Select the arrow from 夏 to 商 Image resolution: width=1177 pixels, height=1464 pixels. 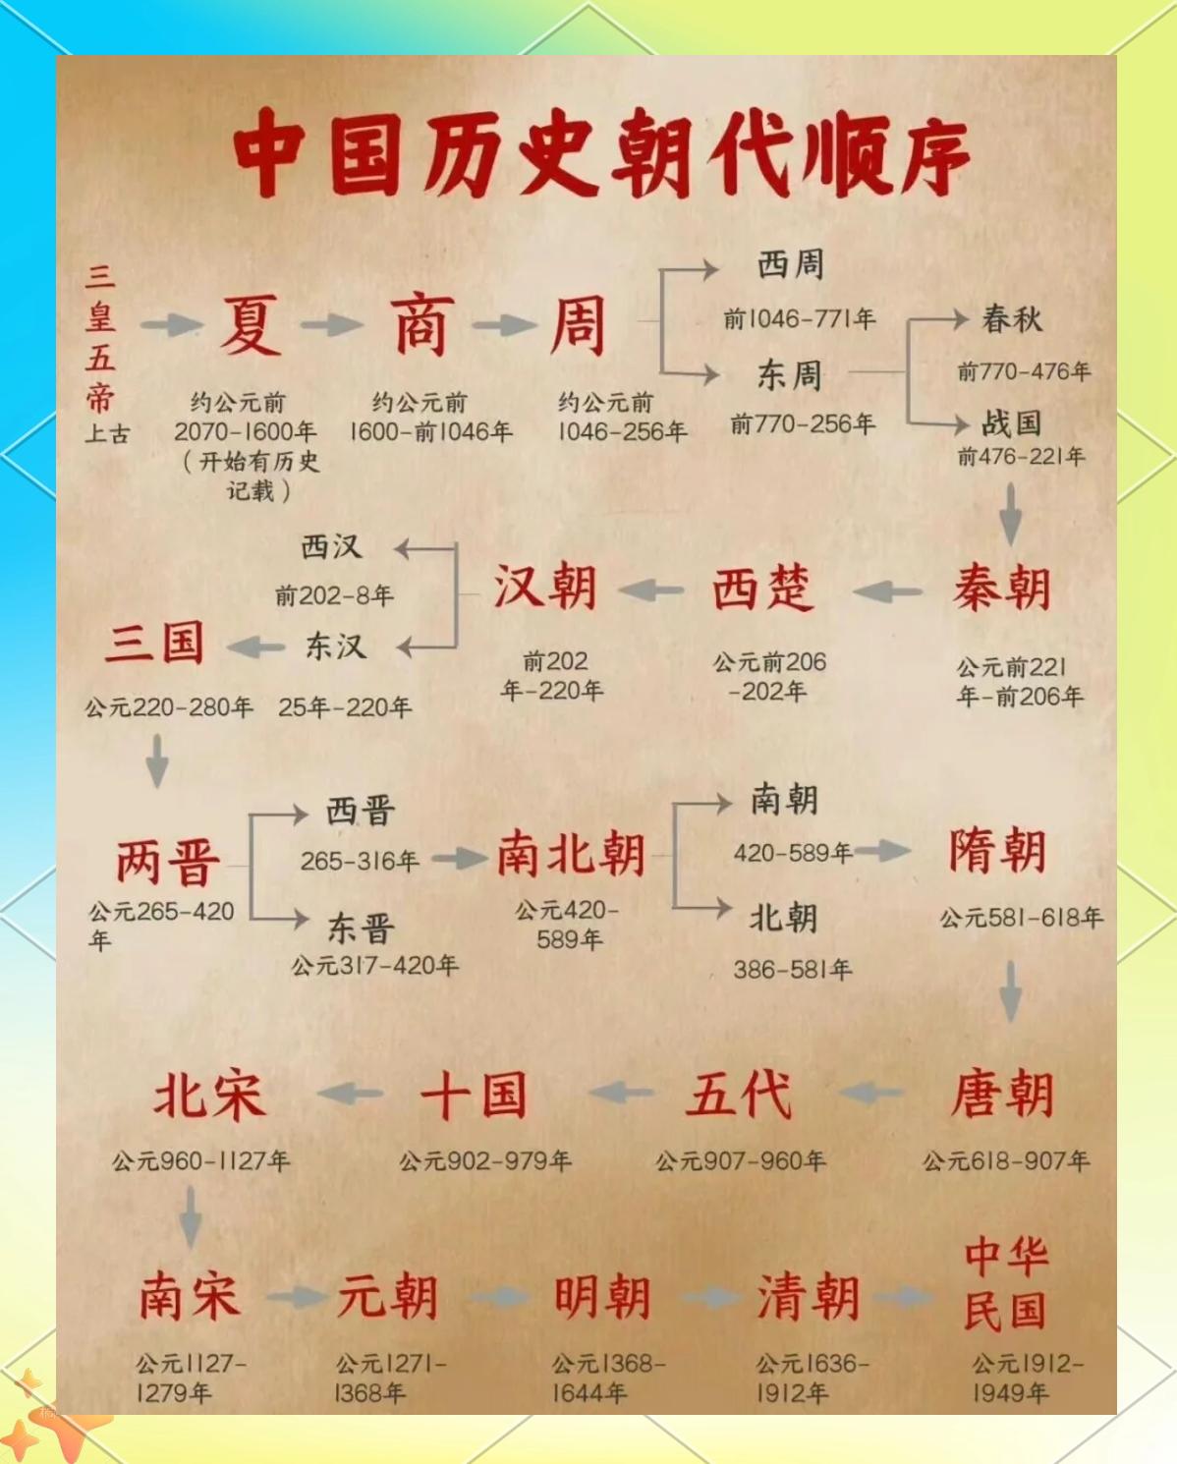[332, 325]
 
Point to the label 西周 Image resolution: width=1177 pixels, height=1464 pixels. [791, 264]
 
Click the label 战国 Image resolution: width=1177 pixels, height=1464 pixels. [1012, 422]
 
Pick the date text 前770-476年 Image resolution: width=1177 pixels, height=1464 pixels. [1024, 371]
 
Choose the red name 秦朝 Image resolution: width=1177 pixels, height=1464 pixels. [1002, 589]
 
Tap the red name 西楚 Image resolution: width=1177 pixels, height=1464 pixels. [762, 589]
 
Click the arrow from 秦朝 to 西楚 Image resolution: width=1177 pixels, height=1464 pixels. [886, 591]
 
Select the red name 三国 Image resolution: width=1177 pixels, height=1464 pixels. [155, 643]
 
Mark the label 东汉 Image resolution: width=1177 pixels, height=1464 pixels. [336, 646]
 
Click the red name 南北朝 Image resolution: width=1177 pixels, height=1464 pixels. [571, 853]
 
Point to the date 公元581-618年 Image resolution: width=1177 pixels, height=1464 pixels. [1022, 918]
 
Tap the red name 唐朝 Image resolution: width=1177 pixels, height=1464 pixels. [1002, 1094]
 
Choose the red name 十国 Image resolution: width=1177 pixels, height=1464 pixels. [475, 1095]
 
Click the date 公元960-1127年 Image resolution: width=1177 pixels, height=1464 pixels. [201, 1161]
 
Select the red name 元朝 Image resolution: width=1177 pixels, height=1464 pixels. [387, 1297]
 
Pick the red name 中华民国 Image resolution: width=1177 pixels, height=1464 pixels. [1005, 1284]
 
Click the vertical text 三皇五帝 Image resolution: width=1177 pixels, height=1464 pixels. [100, 339]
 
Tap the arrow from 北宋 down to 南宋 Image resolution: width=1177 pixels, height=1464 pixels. [191, 1216]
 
